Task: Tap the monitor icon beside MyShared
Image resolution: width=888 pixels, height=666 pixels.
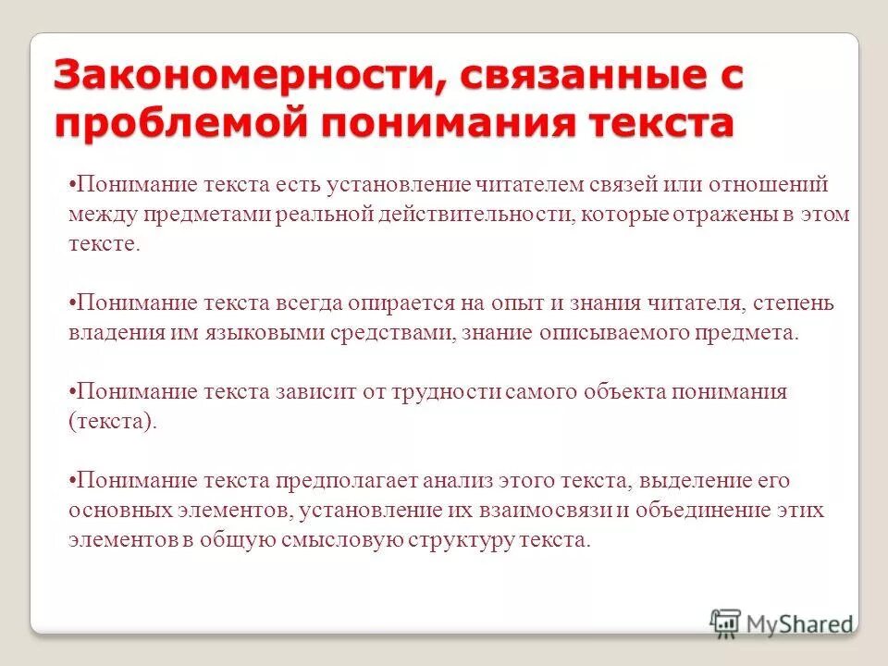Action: (x=726, y=623)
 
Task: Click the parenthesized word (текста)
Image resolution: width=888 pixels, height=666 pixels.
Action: (x=111, y=420)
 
